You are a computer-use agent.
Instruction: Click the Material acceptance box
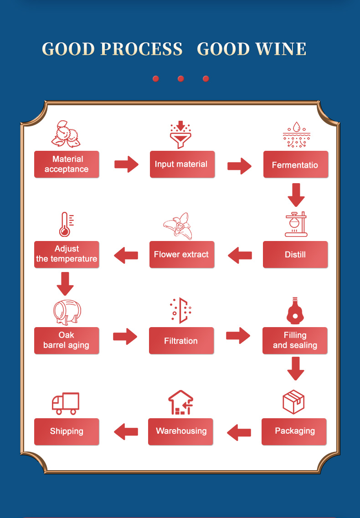pos(67,164)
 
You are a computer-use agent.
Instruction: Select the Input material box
pos(182,164)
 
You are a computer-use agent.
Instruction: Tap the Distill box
pos(295,254)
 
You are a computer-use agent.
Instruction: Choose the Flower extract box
pos(182,254)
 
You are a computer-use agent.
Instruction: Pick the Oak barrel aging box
pos(67,340)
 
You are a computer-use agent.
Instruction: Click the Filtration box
pos(181,340)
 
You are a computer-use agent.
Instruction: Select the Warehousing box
pos(181,431)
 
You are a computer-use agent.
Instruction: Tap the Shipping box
pos(67,431)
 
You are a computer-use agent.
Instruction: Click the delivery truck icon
pos(66,403)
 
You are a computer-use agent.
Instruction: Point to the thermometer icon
pos(65,224)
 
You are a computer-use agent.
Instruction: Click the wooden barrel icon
pos(67,312)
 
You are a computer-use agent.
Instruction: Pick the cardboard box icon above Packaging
pos(293,401)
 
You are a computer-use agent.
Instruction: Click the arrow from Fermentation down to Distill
pos(296,195)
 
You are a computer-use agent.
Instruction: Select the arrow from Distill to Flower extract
pos(240,255)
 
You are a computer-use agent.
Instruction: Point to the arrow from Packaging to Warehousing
pos(239,432)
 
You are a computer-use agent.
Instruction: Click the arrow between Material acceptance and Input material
pos(126,164)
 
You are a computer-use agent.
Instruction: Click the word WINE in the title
pos(273,49)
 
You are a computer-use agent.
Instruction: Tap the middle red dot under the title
pos(181,79)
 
